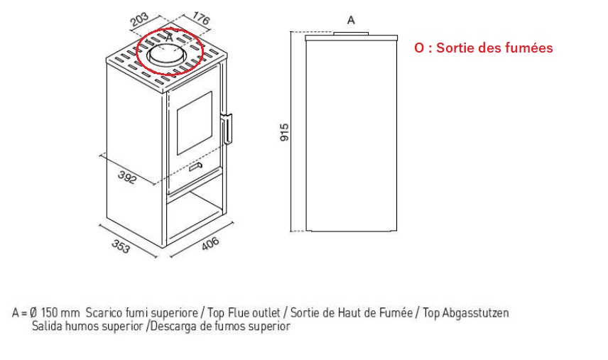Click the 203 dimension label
(140, 19)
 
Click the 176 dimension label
(201, 18)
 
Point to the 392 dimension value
(127, 177)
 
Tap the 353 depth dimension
(121, 246)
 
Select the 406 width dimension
(210, 244)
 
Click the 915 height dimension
(285, 132)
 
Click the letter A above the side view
(351, 20)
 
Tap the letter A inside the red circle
(169, 38)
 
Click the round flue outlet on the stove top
(165, 56)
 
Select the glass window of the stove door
(195, 124)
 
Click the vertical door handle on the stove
(227, 129)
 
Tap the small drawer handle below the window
(196, 167)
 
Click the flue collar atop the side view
(351, 33)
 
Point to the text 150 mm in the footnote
(60, 312)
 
